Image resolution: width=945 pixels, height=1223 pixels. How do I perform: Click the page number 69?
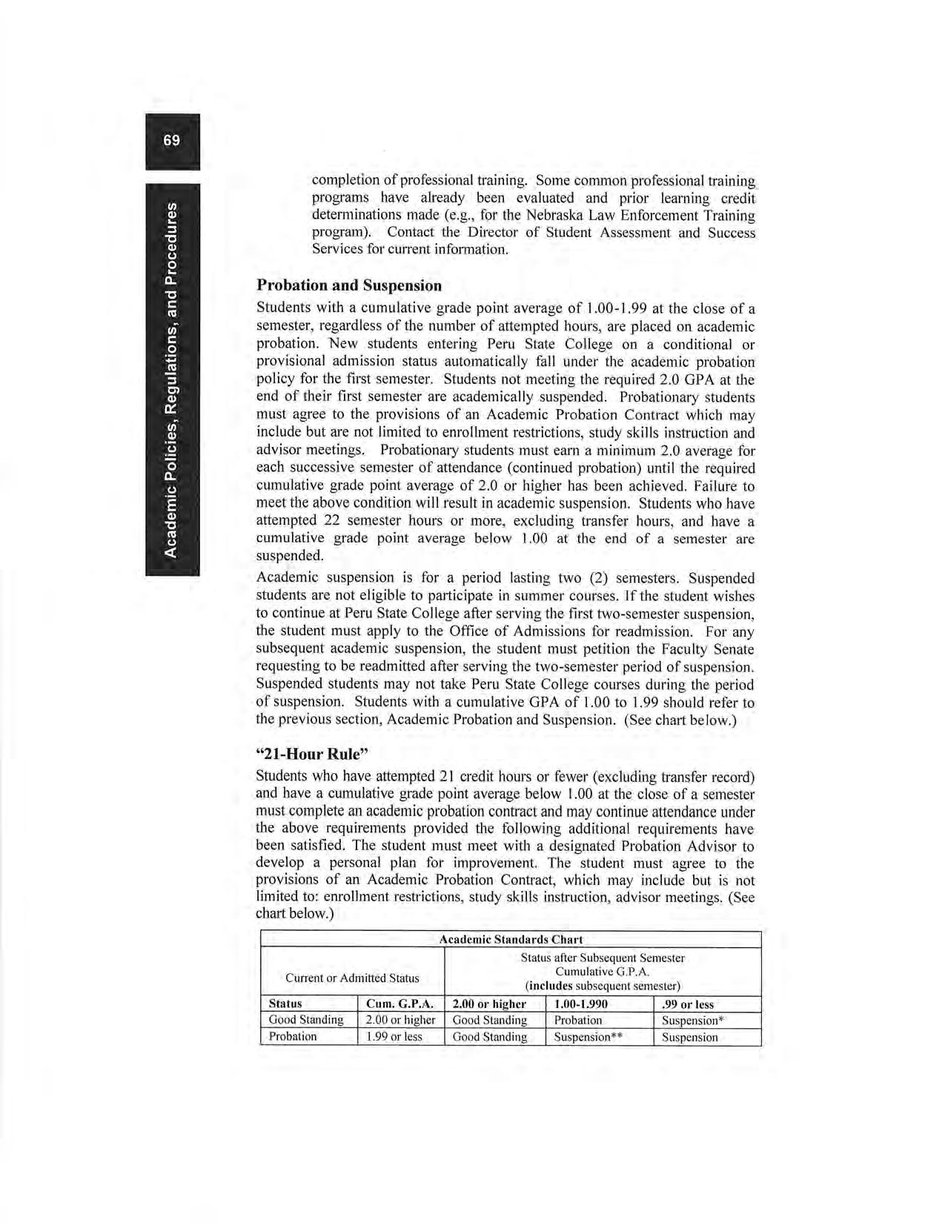[x=172, y=140]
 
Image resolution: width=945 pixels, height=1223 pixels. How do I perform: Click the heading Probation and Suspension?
[x=348, y=285]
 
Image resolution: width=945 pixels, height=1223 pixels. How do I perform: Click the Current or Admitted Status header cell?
[x=352, y=978]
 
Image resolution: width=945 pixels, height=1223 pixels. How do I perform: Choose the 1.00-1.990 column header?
[x=581, y=1004]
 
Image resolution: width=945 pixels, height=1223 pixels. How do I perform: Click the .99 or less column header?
[x=687, y=1004]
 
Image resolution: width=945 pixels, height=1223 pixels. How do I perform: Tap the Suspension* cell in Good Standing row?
[x=692, y=1021]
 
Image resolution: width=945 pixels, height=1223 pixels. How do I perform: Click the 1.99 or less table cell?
[x=394, y=1037]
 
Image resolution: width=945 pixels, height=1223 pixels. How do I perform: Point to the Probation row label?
[x=293, y=1037]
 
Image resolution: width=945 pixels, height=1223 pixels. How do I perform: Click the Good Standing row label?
[x=306, y=1021]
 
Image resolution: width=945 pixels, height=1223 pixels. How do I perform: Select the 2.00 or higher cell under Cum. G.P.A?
[x=400, y=1021]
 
